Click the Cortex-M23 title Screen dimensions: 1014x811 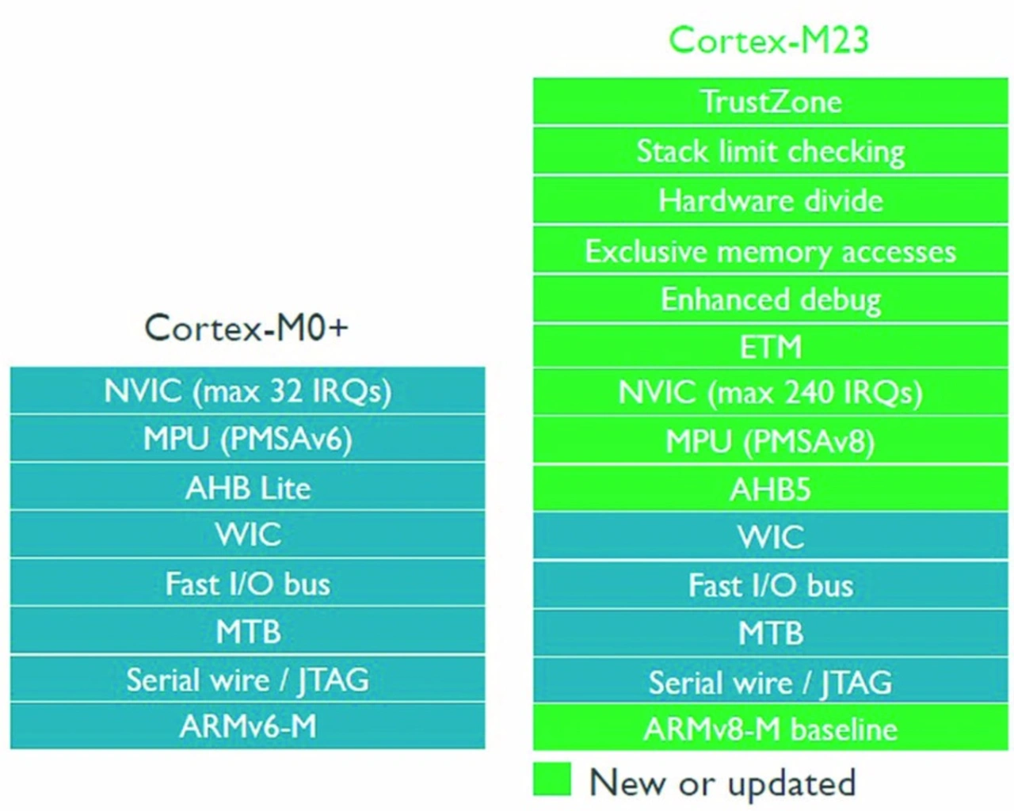point(769,40)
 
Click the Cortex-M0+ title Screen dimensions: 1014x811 point(246,328)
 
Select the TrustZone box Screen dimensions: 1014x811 point(771,101)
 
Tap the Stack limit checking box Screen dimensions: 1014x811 point(771,150)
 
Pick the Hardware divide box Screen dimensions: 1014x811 point(771,200)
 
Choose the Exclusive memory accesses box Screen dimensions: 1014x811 point(771,249)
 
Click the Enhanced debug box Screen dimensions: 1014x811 point(771,299)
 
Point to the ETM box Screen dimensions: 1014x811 point(771,347)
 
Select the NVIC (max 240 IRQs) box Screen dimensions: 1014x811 point(771,393)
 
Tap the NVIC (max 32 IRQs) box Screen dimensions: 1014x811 point(248,390)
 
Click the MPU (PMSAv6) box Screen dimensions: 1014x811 point(248,439)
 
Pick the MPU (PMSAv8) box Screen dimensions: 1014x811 point(771,440)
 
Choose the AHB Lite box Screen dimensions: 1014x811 point(248,487)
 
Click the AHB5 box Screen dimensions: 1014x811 point(771,489)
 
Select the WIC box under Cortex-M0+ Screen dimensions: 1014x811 point(248,535)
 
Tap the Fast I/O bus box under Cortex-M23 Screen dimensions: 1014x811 point(771,584)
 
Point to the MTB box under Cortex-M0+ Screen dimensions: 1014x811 point(248,630)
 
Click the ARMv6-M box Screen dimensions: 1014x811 point(248,726)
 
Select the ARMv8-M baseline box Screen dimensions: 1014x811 point(771,728)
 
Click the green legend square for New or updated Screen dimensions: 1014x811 point(552,779)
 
